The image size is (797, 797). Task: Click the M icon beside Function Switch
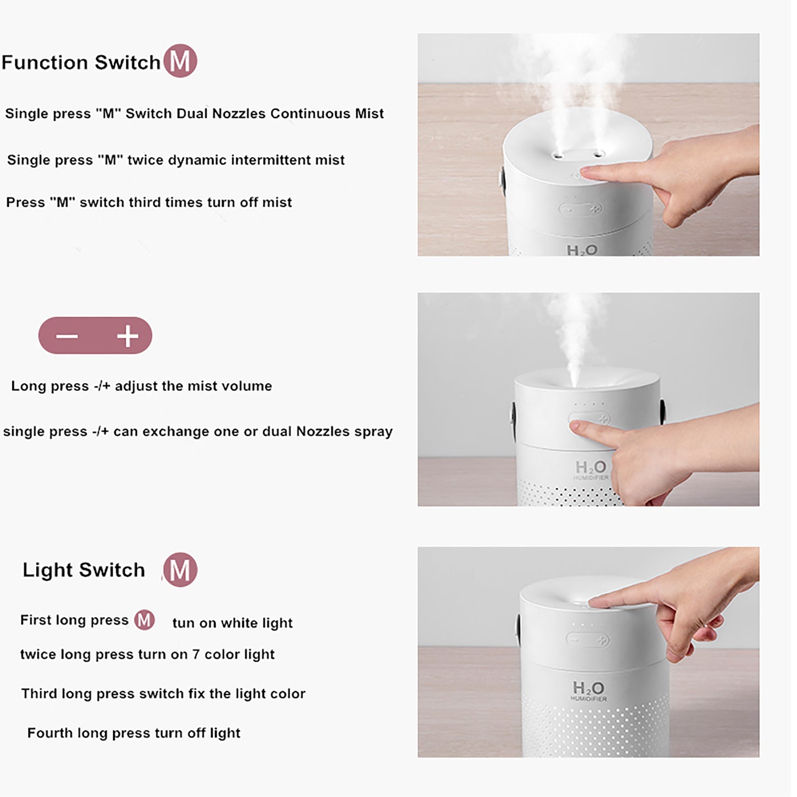[180, 61]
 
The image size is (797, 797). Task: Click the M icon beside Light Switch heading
[180, 570]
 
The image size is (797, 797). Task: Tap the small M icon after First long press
[145, 620]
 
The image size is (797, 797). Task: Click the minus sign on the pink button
[67, 336]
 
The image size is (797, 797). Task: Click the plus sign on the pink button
[127, 336]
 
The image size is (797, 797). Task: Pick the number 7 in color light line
[195, 655]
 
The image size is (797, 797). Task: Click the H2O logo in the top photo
[582, 250]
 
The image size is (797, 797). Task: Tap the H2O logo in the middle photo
[590, 468]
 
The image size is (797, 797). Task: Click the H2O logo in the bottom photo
[588, 688]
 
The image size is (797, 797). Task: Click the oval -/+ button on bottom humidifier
[587, 640]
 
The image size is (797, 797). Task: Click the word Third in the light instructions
[39, 694]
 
